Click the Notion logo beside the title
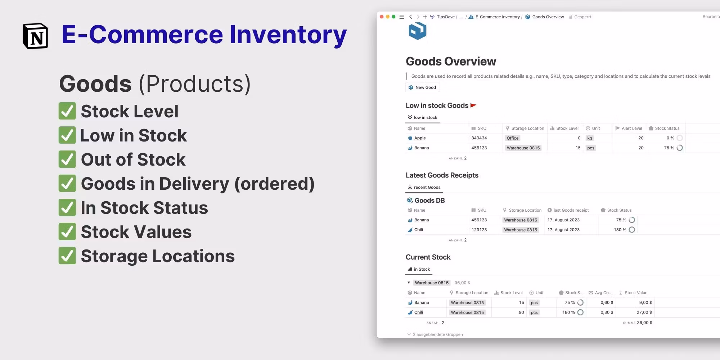pyautogui.click(x=35, y=36)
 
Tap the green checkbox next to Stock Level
pyautogui.click(x=67, y=111)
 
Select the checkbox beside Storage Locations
pyautogui.click(x=67, y=256)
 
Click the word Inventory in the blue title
pyautogui.click(x=288, y=35)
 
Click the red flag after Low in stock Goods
pyautogui.click(x=473, y=105)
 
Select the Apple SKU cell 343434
pyautogui.click(x=479, y=138)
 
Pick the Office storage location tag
pyautogui.click(x=513, y=138)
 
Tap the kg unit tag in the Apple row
pyautogui.click(x=590, y=138)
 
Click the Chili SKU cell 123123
pyautogui.click(x=479, y=230)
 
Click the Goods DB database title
pyautogui.click(x=429, y=201)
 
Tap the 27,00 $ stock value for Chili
pyautogui.click(x=644, y=312)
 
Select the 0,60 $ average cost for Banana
pyautogui.click(x=607, y=303)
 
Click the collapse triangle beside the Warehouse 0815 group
pyautogui.click(x=409, y=283)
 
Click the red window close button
pyautogui.click(x=382, y=17)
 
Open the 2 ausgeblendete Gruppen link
pyautogui.click(x=438, y=334)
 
